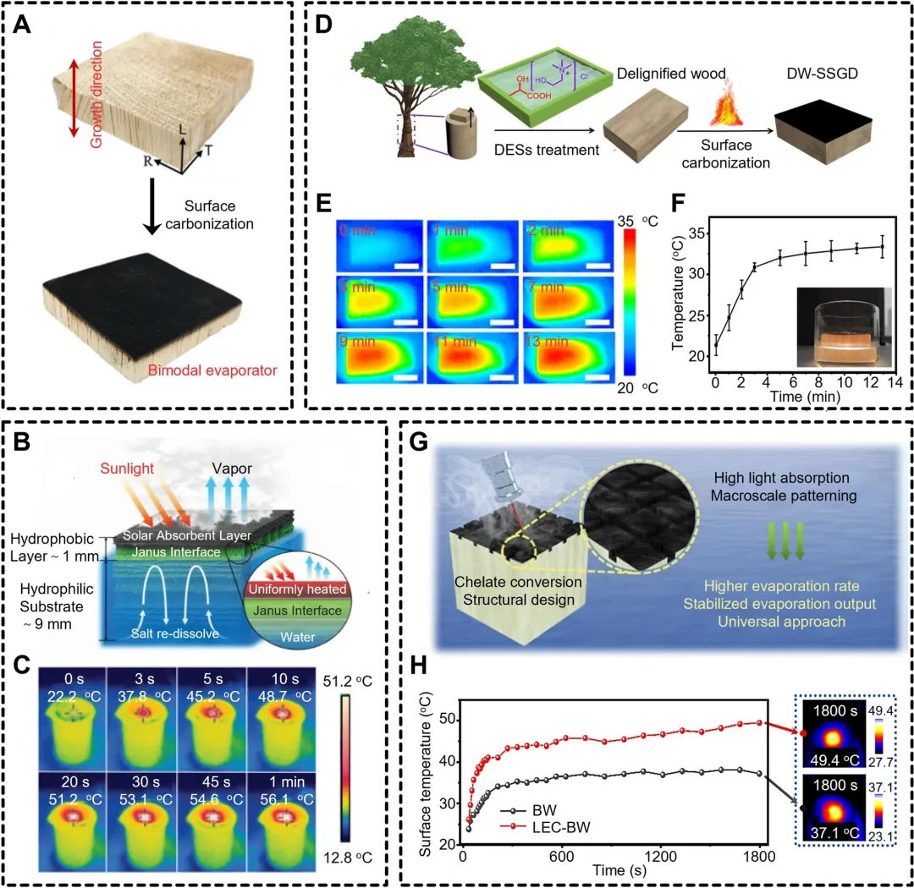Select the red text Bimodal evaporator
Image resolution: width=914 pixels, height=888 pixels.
[x=212, y=369]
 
